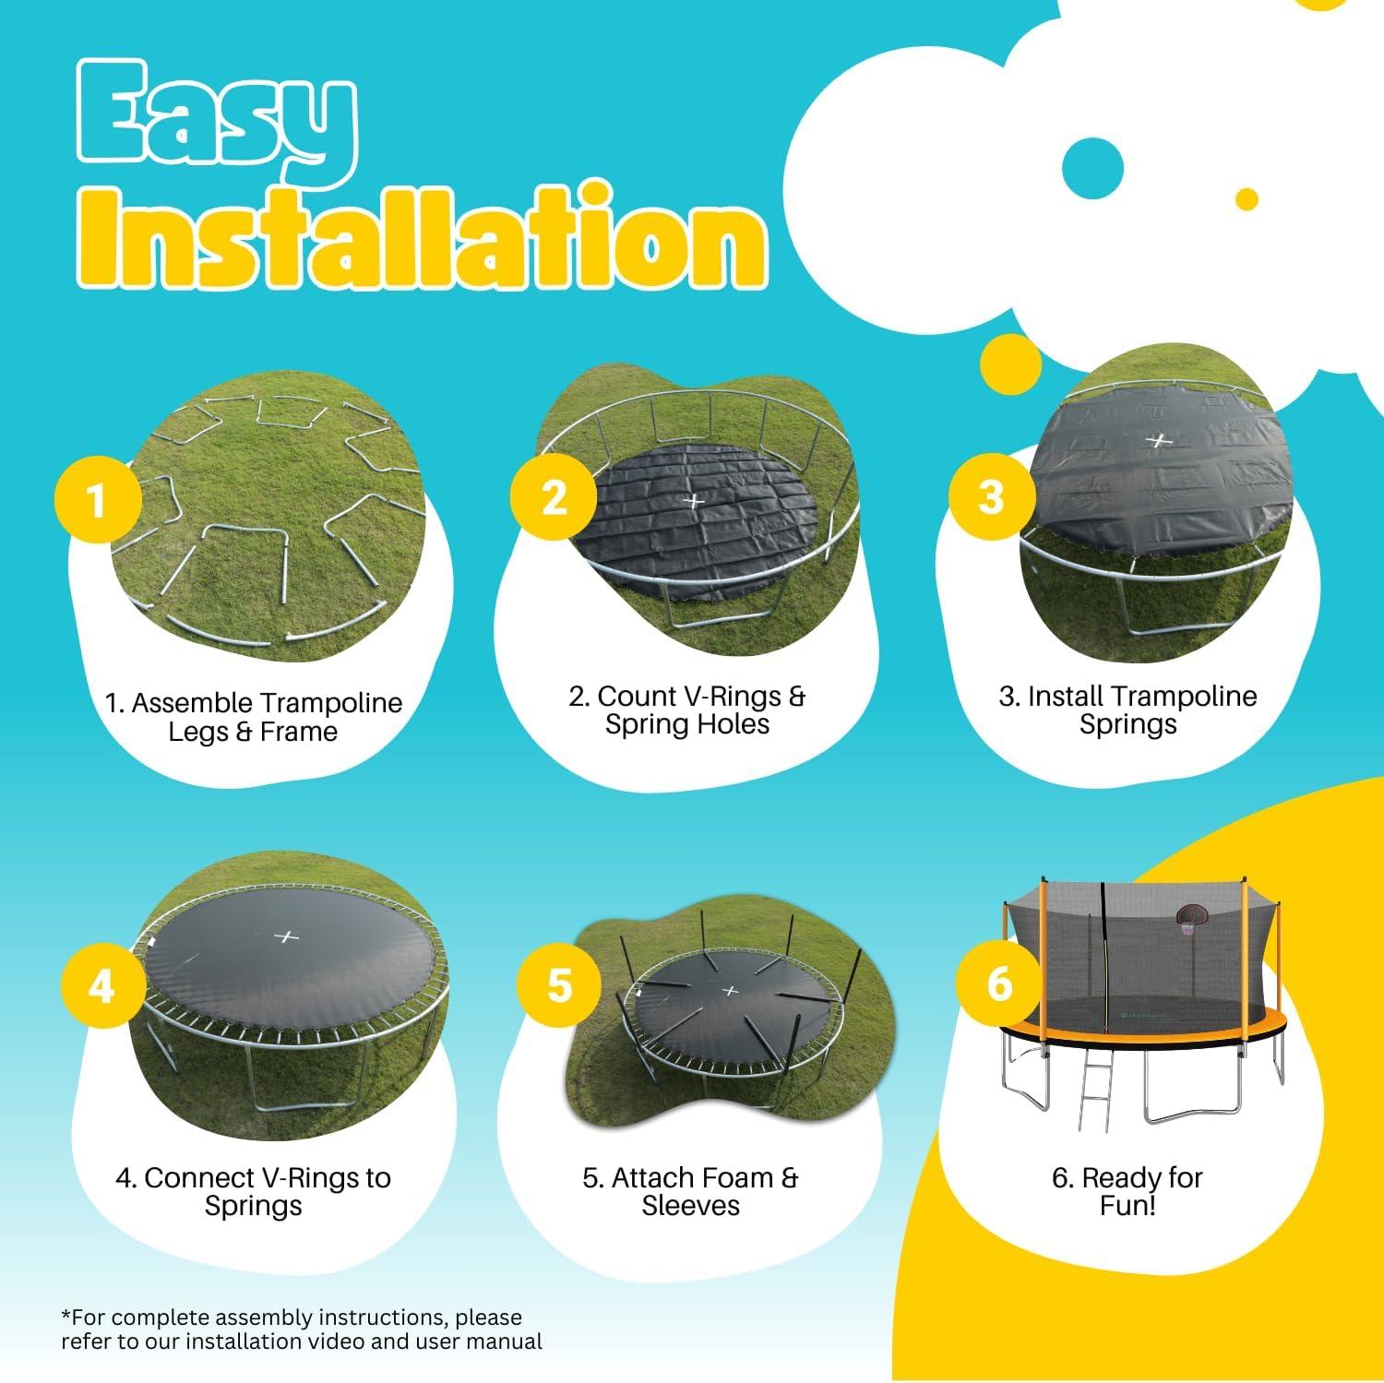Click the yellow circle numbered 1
[x=98, y=500]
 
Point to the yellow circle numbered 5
[x=559, y=984]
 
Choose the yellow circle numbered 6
[x=999, y=984]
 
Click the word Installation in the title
[x=421, y=239]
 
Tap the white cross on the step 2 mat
[x=694, y=501]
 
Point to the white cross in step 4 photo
[x=288, y=937]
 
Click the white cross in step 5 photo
[x=730, y=991]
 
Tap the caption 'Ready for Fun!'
[x=1127, y=1191]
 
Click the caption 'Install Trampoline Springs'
[x=1127, y=709]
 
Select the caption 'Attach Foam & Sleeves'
[x=690, y=1191]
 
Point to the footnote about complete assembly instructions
[x=302, y=1329]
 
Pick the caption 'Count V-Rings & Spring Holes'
[x=687, y=709]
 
